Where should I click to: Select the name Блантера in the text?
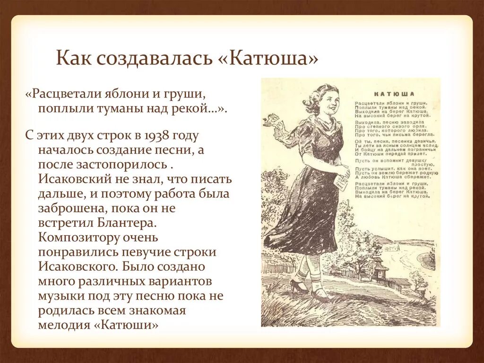pyautogui.click(x=133, y=221)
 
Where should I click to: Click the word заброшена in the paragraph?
pyautogui.click(x=71, y=207)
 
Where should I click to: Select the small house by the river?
pyautogui.click(x=379, y=268)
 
